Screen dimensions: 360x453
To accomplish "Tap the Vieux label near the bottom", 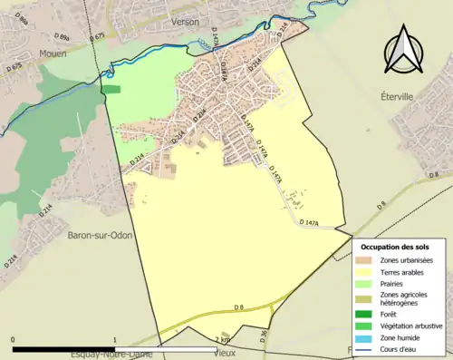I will pyautogui.click(x=226, y=352).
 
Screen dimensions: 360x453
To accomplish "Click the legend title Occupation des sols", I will pyautogui.click(x=395, y=247).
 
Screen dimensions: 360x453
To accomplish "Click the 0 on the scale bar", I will pyautogui.click(x=13, y=340).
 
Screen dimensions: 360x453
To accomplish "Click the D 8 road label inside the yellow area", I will pyautogui.click(x=238, y=309).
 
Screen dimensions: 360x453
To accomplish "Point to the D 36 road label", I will pyautogui.click(x=264, y=336).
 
